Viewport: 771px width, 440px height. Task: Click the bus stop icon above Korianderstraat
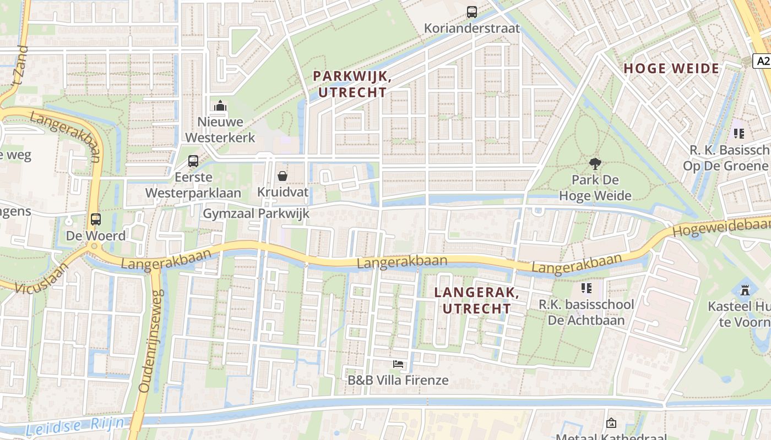[471, 12]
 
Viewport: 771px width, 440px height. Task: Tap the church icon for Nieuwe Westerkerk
[220, 105]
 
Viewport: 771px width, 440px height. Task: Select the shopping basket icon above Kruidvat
[283, 176]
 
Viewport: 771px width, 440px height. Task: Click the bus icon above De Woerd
[96, 219]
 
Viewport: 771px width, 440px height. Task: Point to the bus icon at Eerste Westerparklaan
[193, 161]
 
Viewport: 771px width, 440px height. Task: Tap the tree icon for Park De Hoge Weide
[595, 163]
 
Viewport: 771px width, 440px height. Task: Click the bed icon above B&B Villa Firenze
[398, 364]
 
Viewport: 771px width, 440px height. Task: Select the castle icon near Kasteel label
[745, 289]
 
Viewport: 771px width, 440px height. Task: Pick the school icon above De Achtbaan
[586, 288]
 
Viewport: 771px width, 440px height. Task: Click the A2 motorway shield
[762, 61]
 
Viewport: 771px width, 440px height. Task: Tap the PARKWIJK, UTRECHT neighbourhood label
[352, 84]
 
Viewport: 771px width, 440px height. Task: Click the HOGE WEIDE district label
[671, 69]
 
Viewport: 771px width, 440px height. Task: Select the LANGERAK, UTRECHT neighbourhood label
[477, 300]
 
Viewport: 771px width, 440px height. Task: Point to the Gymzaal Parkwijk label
[256, 213]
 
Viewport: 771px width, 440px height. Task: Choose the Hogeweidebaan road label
[721, 227]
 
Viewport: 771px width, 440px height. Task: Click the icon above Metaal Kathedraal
[611, 423]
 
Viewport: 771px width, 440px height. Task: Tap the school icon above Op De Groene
[739, 133]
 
